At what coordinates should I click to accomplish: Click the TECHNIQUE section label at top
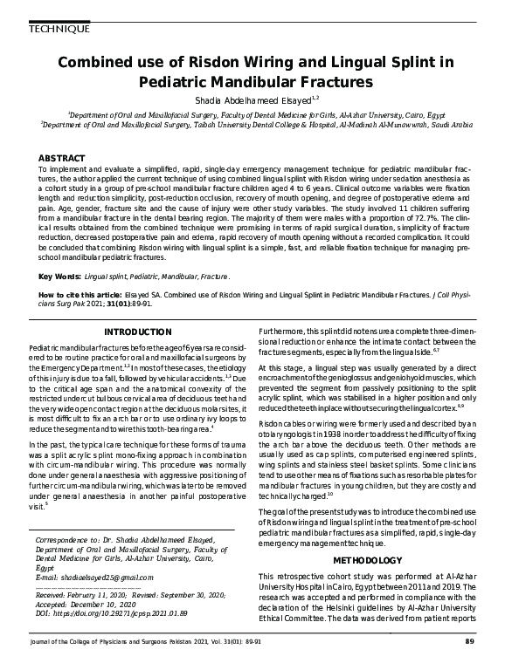tap(59, 30)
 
